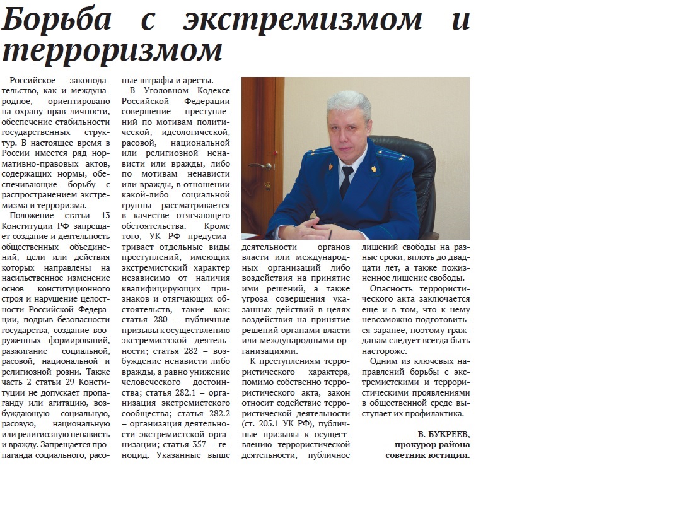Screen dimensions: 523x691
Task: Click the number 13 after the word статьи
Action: (x=105, y=216)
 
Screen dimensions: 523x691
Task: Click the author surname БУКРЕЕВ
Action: (x=448, y=435)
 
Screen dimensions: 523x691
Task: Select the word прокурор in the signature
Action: (x=412, y=445)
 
